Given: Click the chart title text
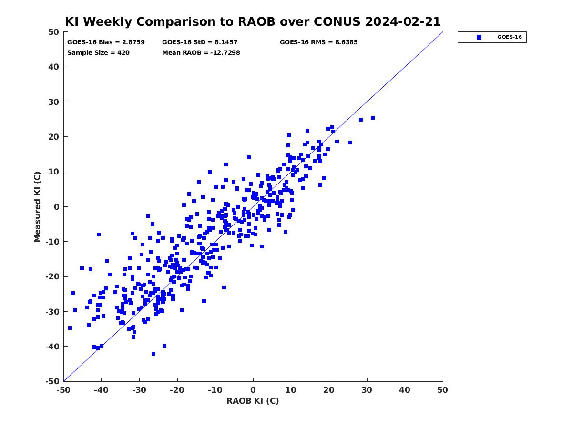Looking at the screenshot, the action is tap(253, 21).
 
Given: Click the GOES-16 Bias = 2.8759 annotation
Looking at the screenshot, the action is tap(106, 42).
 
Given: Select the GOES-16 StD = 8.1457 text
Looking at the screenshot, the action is tap(200, 42).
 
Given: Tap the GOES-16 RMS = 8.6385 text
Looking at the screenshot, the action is tap(318, 42).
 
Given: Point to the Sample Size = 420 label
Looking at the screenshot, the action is tap(98, 52).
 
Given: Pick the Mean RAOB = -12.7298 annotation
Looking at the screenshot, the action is tap(201, 52).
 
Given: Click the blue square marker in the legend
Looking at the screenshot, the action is tap(479, 37).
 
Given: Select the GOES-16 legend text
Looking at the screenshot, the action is tap(510, 37).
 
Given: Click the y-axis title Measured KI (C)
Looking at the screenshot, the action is tap(37, 206).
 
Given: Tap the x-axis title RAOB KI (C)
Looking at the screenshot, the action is tap(253, 400).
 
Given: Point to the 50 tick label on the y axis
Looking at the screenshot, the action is tap(54, 32).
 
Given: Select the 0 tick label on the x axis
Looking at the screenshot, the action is tap(253, 390).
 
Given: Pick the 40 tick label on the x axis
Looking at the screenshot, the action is tap(405, 390).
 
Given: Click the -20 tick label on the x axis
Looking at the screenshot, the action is tap(177, 390).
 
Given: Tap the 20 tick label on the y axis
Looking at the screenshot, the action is tap(54, 137).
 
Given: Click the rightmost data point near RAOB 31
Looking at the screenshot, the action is tap(373, 118).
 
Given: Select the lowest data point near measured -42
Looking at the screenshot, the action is tap(153, 354).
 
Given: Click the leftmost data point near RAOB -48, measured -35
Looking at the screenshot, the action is tap(70, 328).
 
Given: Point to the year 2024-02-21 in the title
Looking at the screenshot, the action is tap(403, 21).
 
